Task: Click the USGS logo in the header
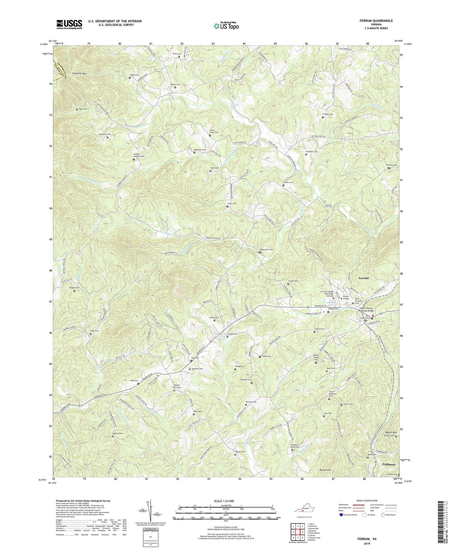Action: pos(69,24)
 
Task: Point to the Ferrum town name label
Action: pos(364,278)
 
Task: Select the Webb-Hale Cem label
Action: pos(266,249)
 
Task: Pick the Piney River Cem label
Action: pos(214,131)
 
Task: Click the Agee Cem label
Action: pos(83,109)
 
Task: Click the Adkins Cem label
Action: pos(117,433)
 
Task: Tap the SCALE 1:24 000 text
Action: pos(225,501)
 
